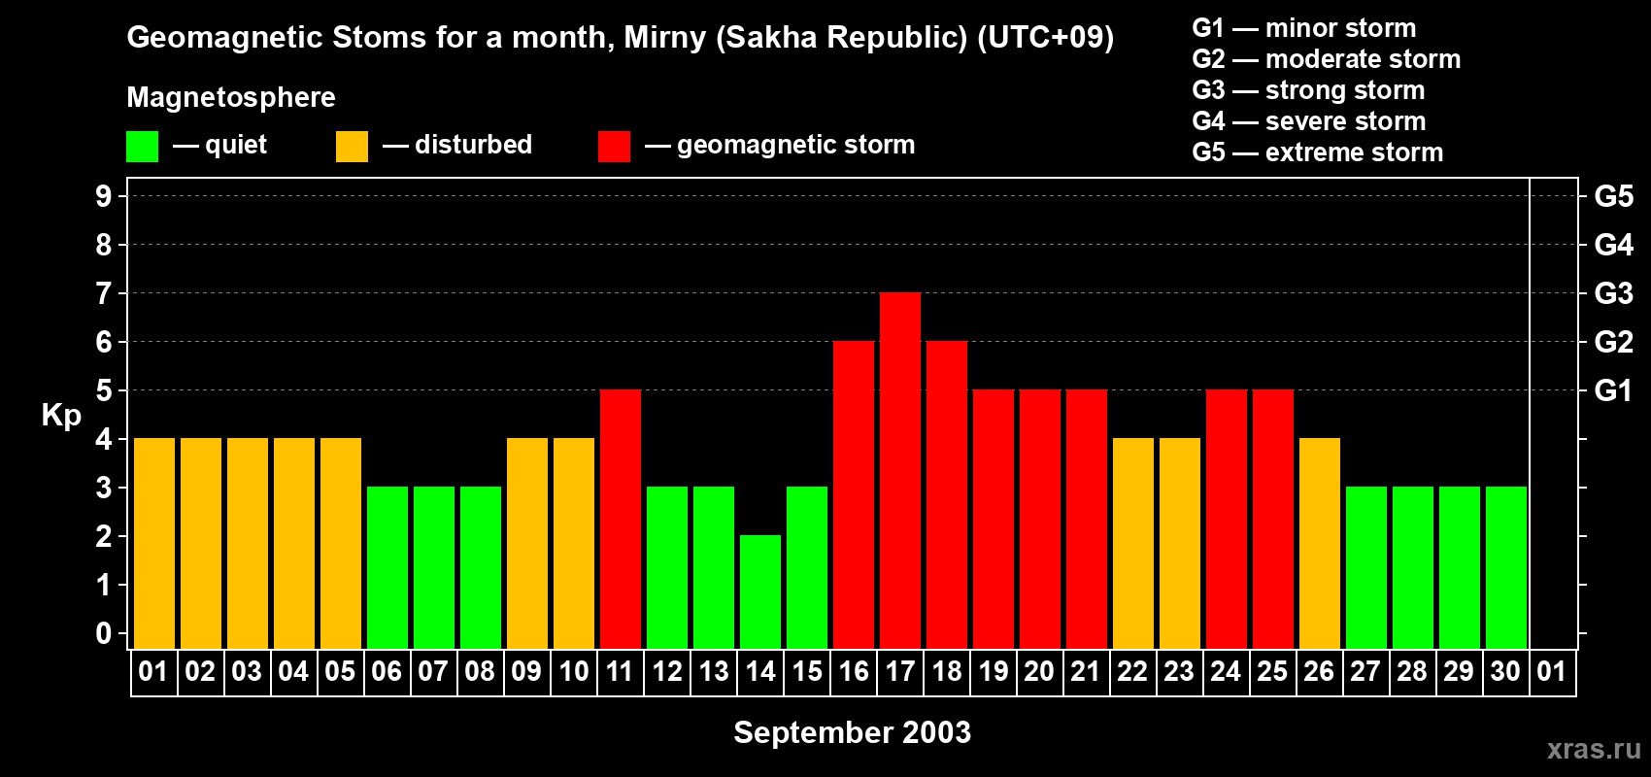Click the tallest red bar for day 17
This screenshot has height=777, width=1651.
900,470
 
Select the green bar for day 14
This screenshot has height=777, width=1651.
759,591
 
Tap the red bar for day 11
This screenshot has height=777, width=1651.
621,519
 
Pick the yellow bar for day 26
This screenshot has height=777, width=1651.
1319,543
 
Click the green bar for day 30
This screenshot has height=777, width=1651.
1505,567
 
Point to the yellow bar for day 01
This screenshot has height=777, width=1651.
154,543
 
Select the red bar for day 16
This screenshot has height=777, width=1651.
854,494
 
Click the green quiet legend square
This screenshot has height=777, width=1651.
142,146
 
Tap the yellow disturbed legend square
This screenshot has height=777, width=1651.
352,146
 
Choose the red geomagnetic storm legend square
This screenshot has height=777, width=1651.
614,146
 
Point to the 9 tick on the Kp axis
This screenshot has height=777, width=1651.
103,196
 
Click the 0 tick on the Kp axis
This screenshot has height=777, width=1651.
103,633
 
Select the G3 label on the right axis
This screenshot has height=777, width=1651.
1613,293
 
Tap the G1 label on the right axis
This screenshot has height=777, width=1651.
1613,390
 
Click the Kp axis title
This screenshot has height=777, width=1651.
61,416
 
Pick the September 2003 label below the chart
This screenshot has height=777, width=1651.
852,732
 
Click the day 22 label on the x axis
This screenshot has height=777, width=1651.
1132,671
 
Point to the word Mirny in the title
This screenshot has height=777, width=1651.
665,38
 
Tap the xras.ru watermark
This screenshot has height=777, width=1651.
1594,749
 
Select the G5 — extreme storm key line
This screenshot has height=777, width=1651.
1317,152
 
